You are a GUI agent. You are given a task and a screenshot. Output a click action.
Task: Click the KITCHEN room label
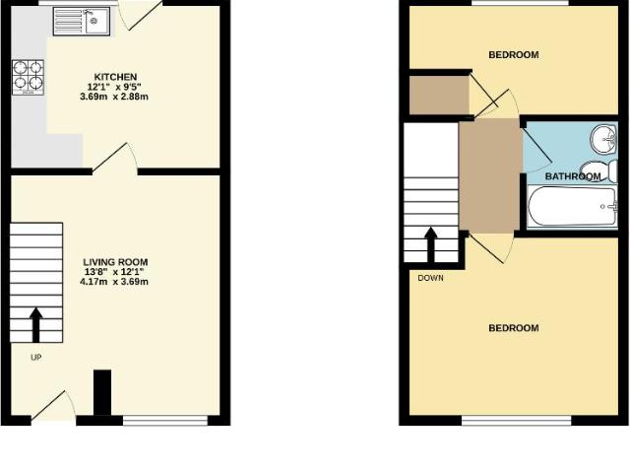115,77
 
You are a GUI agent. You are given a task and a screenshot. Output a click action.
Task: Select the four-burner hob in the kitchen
28,76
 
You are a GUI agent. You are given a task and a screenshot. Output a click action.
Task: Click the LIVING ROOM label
115,262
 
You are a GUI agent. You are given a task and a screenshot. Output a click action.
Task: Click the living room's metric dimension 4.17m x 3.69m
115,282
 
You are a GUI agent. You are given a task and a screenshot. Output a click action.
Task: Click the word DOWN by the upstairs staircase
430,277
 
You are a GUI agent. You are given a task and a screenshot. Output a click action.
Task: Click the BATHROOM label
572,176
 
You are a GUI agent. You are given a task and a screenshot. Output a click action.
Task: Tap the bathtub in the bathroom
572,208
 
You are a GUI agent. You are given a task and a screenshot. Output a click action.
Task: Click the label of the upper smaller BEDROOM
513,55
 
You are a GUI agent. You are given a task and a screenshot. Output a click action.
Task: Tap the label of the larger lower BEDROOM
513,328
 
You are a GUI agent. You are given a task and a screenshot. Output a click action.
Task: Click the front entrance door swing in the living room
53,406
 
